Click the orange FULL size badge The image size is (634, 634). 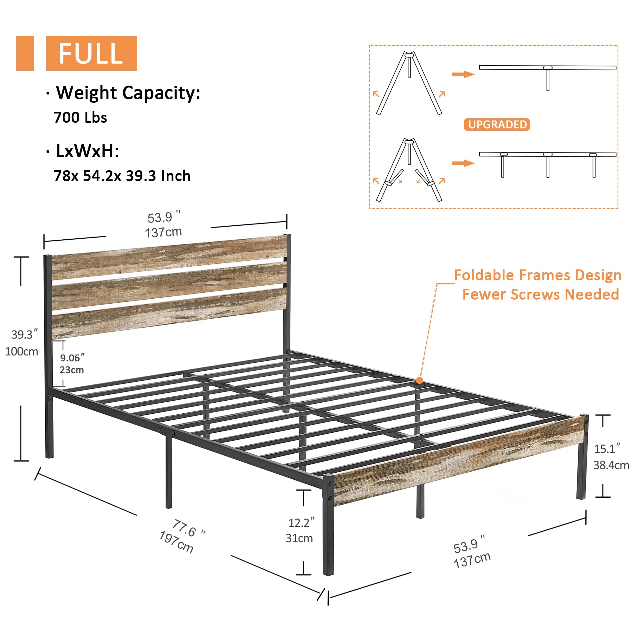pyautogui.click(x=91, y=53)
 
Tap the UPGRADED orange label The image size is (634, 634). pyautogui.click(x=497, y=125)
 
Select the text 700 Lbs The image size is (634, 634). pyautogui.click(x=81, y=118)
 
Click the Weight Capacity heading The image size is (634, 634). pyautogui.click(x=128, y=93)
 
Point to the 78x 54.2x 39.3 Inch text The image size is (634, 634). pyautogui.click(x=122, y=176)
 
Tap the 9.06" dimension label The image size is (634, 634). pyautogui.click(x=72, y=358)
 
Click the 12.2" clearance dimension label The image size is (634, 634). pyautogui.click(x=301, y=522)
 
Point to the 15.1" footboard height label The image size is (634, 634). pyautogui.click(x=607, y=449)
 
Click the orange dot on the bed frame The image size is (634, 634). pyautogui.click(x=419, y=381)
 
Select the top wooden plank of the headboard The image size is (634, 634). pyautogui.click(x=169, y=257)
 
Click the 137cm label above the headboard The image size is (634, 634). pyautogui.click(x=163, y=232)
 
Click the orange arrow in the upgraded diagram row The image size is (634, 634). pyautogui.click(x=463, y=163)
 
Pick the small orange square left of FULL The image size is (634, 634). pyautogui.click(x=25, y=53)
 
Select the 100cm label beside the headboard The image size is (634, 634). pyautogui.click(x=22, y=352)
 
